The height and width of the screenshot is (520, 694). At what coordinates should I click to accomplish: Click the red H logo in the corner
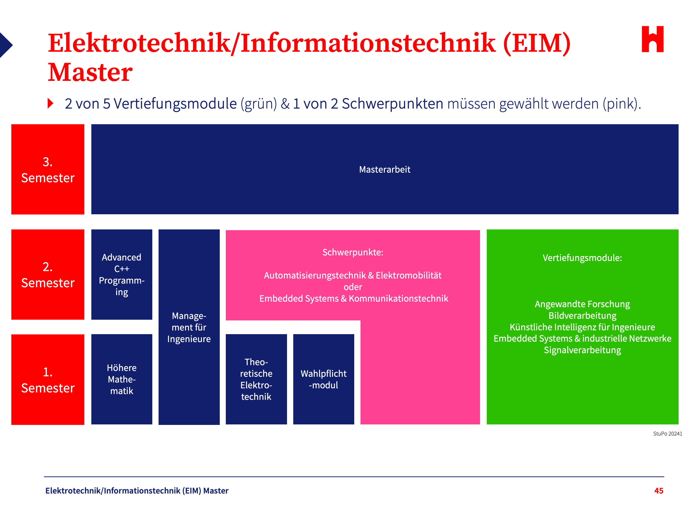[x=652, y=39]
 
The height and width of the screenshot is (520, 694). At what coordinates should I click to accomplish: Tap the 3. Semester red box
[x=48, y=169]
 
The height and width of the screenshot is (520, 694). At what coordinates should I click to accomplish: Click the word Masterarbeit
[x=384, y=169]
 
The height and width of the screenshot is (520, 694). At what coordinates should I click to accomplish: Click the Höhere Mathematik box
[x=121, y=379]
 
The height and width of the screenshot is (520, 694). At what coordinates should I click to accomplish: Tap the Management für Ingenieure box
[x=189, y=327]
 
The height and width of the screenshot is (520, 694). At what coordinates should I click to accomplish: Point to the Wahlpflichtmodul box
[x=323, y=379]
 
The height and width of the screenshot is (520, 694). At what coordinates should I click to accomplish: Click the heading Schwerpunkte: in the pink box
[x=353, y=252]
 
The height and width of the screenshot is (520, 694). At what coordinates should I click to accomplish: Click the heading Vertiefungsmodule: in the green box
[x=582, y=258]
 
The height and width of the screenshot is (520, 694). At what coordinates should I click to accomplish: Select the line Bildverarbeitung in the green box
[x=582, y=316]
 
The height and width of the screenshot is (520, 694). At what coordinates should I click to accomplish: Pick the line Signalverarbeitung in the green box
[x=582, y=350]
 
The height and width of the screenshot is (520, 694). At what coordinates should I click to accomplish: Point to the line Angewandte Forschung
[x=582, y=304]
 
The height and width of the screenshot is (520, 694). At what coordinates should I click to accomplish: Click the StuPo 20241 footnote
[x=667, y=434]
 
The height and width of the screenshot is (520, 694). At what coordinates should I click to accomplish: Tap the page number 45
[x=659, y=491]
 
